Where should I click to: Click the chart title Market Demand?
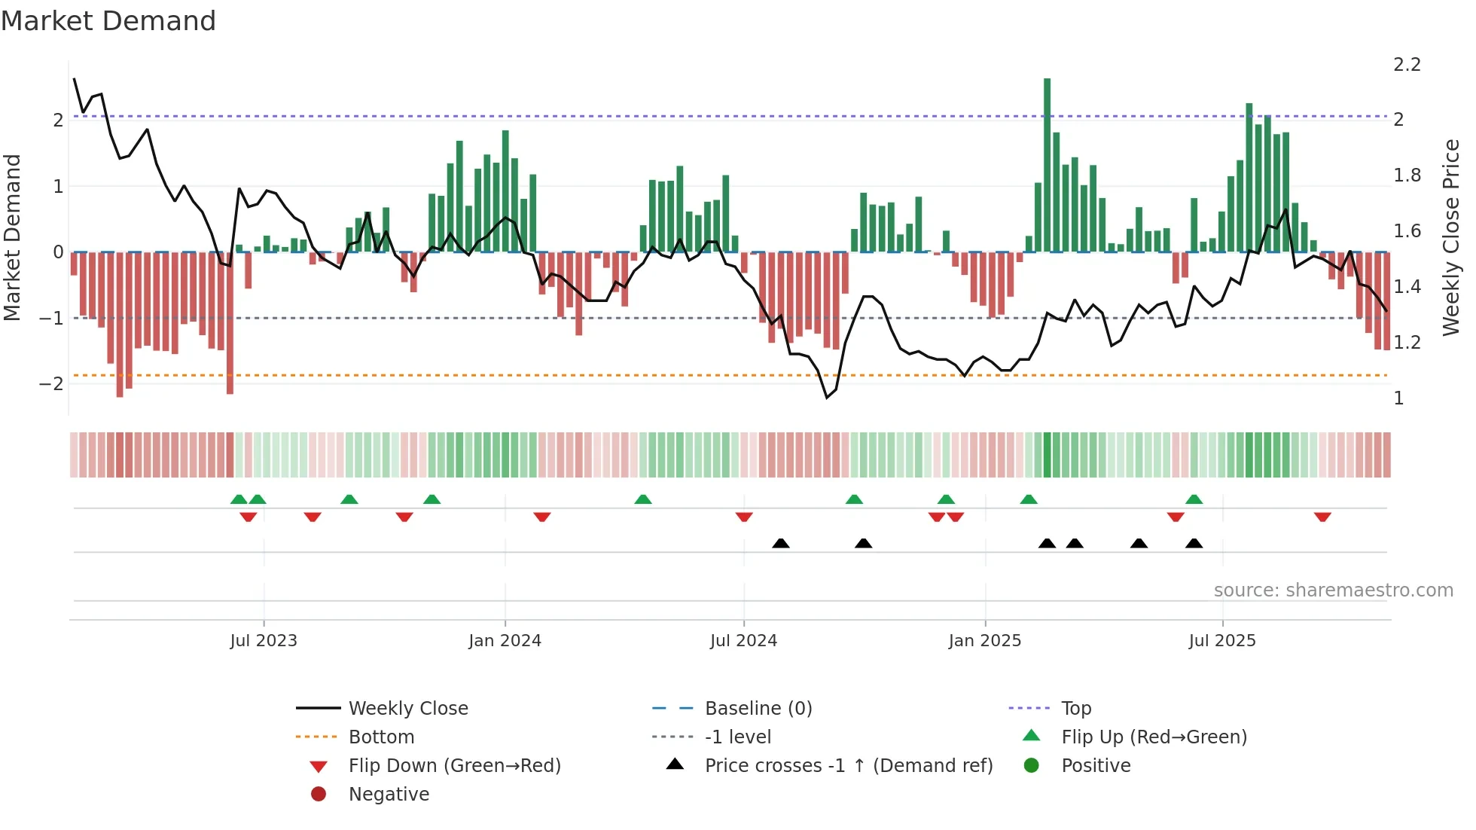[x=108, y=21]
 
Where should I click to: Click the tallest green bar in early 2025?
[x=1047, y=166]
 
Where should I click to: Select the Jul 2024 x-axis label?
[x=743, y=641]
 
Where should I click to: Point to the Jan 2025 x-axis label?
[x=984, y=641]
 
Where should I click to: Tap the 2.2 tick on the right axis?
[x=1407, y=65]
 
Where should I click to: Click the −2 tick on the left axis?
[x=52, y=384]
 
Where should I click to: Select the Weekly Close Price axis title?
[x=1450, y=237]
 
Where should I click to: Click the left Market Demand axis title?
[x=12, y=237]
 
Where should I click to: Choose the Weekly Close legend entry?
[x=407, y=709]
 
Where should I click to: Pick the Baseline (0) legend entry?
[x=758, y=709]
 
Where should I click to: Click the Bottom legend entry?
[x=381, y=737]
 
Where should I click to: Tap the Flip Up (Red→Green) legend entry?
[x=1154, y=737]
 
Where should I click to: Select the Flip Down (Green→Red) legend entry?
[x=454, y=766]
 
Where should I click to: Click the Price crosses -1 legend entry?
[x=848, y=766]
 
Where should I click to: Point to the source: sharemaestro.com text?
[x=1333, y=590]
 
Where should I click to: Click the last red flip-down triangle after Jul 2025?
[x=1322, y=517]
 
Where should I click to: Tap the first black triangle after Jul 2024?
[x=781, y=543]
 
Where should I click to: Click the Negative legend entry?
[x=389, y=795]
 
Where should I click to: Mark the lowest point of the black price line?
[x=827, y=398]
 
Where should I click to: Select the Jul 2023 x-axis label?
[x=264, y=641]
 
